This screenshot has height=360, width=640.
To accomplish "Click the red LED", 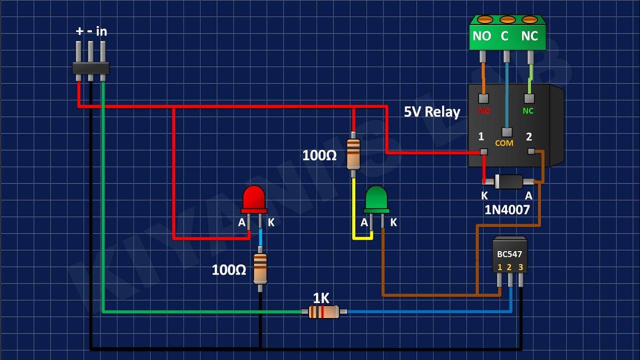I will point(253,198).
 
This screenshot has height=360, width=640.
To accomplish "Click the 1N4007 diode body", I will point(508,181).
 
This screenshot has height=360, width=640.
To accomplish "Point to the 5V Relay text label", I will point(432,111).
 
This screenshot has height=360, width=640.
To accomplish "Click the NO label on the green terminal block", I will point(482,36).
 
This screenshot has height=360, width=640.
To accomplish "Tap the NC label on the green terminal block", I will point(529,36).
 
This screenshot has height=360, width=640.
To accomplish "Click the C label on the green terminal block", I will point(504,36).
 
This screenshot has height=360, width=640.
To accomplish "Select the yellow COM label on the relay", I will point(504,143).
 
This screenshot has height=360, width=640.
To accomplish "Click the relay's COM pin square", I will point(507,132).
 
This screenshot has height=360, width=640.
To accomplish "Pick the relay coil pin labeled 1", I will point(483,151).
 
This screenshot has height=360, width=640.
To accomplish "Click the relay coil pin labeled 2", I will point(531,151).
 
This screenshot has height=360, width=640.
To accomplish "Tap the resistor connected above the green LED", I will point(353,153).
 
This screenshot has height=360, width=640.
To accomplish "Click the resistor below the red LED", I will point(260,268).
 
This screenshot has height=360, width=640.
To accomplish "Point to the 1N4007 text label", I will point(507,209).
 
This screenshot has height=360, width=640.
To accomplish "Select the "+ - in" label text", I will point(91,31).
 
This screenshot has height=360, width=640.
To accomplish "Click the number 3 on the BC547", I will point(520,267).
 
